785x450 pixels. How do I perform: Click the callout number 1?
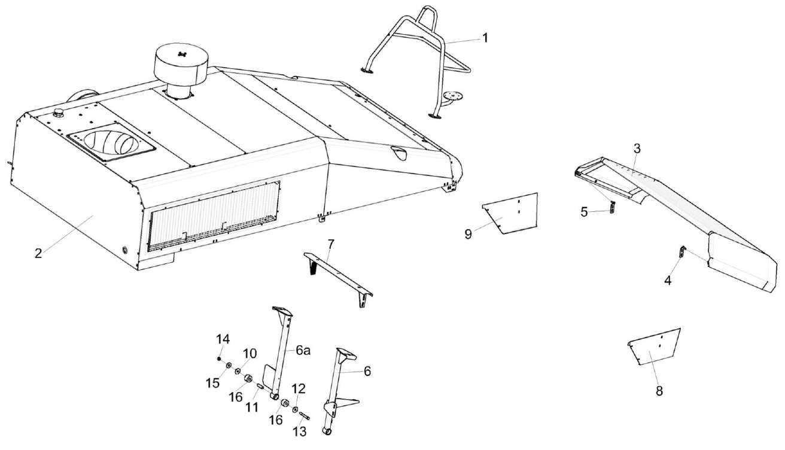click(x=485, y=37)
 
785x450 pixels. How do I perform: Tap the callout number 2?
click(x=38, y=253)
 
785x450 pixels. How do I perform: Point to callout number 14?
click(x=223, y=339)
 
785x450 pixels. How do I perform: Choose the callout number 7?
click(x=330, y=244)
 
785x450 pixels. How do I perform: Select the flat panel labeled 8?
click(x=655, y=348)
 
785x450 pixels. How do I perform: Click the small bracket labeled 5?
click(x=611, y=208)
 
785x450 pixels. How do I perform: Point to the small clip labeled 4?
click(x=681, y=252)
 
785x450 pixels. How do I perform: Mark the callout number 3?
click(x=637, y=147)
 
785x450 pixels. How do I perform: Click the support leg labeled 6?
click(x=339, y=389)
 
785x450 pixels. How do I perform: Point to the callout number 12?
click(x=299, y=388)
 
